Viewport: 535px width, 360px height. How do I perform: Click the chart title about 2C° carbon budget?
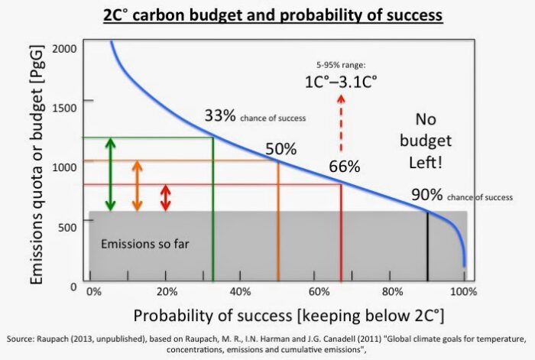[267, 15]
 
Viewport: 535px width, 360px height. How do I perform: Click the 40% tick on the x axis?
[241, 292]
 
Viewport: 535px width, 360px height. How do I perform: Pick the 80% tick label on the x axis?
[391, 292]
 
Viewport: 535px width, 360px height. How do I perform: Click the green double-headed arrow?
[110, 174]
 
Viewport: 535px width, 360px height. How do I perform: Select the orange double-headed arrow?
[137, 186]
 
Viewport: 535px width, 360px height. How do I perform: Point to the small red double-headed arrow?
[165, 198]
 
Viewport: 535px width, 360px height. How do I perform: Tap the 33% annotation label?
[220, 117]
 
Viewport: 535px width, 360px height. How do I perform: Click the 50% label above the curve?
[280, 149]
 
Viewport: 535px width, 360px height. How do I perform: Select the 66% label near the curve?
[345, 167]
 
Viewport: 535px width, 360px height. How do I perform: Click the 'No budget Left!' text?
[433, 141]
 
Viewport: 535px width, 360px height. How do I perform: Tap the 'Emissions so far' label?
[145, 245]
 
